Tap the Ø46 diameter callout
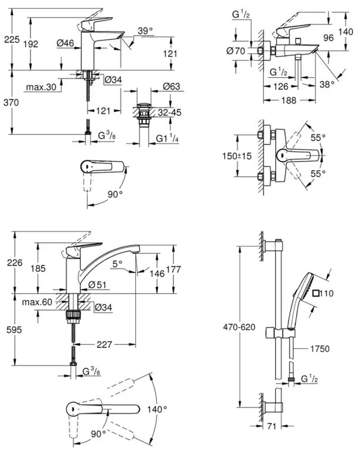coord(66,42)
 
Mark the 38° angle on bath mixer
coord(328,84)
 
